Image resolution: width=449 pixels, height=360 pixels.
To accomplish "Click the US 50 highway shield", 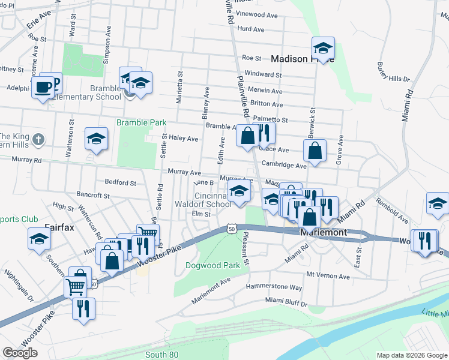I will click(x=231, y=228).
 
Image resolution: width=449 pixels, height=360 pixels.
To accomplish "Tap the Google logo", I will click(x=20, y=353).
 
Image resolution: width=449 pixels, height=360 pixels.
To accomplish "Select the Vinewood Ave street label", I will click(x=259, y=13).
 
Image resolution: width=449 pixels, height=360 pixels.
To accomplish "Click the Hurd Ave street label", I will click(x=251, y=29).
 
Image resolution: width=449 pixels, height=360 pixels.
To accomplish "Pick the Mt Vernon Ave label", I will click(x=328, y=276).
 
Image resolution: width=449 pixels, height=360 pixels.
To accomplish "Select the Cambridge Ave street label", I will click(x=285, y=165).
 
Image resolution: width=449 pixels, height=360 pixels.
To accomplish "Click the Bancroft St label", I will click(x=93, y=195).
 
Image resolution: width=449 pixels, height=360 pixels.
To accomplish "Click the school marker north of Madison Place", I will click(x=323, y=49).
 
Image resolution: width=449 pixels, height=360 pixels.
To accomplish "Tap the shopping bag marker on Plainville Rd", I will click(x=247, y=136).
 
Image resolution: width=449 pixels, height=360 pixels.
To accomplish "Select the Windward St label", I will click(x=263, y=75).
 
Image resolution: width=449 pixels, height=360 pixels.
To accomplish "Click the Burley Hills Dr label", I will click(x=393, y=71).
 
